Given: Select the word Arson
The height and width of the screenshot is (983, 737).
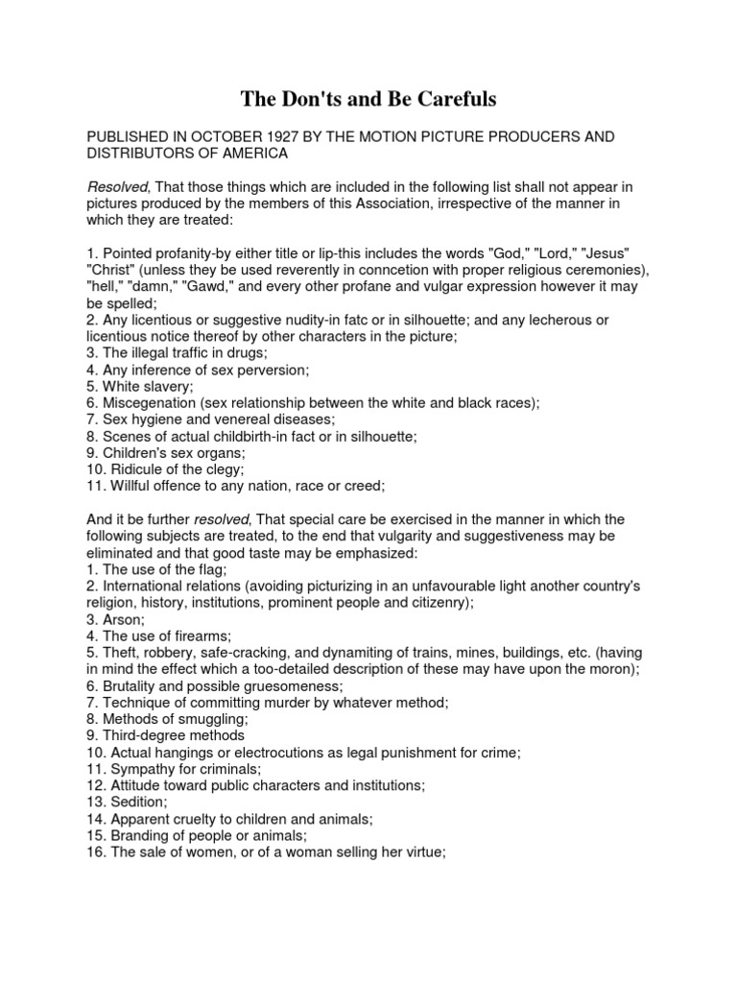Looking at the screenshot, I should click(x=121, y=619).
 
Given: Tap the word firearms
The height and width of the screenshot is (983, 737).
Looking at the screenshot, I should click(x=204, y=635).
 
